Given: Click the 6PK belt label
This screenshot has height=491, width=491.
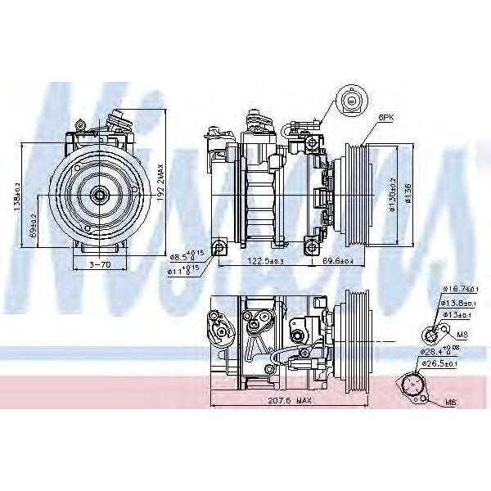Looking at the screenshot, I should (x=386, y=118).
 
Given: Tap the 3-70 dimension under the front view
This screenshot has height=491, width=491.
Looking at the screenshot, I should (x=100, y=264).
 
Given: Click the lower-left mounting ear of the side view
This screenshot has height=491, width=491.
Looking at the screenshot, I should (x=218, y=248).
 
